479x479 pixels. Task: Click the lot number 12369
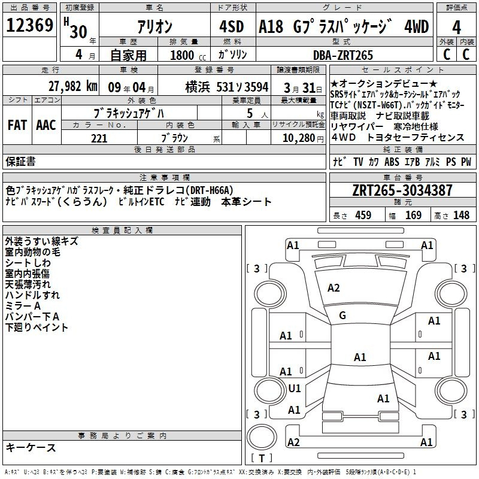[29, 25]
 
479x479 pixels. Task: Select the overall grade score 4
[456, 27]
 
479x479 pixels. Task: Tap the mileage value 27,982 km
[72, 86]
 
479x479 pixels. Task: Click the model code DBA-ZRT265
[343, 55]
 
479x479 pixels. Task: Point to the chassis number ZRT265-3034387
[402, 190]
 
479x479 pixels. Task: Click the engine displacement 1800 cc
[188, 55]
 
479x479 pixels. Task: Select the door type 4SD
[232, 26]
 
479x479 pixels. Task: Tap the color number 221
[99, 138]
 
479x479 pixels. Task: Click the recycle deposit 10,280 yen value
[303, 138]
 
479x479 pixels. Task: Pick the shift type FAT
[17, 125]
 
